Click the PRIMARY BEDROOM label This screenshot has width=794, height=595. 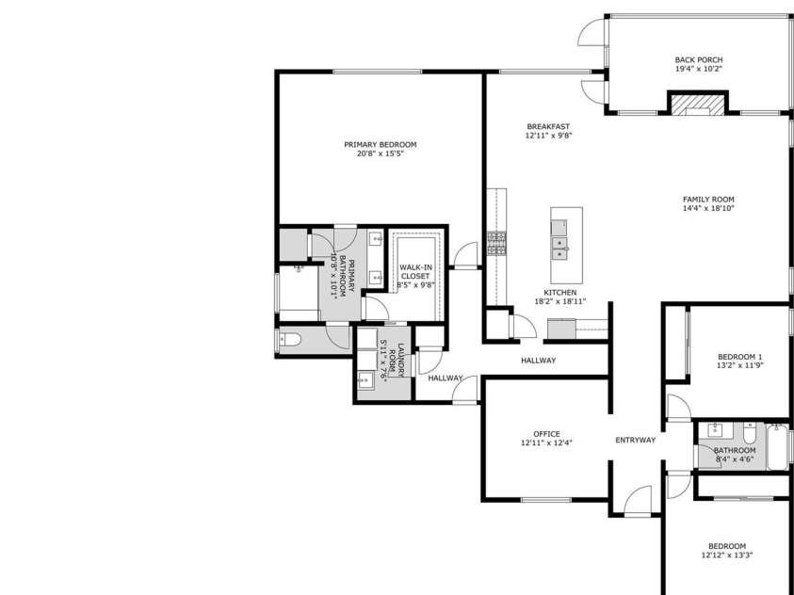click(x=380, y=144)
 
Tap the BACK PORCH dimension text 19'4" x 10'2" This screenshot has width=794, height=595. click(x=698, y=69)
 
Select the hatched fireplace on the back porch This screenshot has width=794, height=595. click(x=698, y=104)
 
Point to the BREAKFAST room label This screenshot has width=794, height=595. click(x=547, y=126)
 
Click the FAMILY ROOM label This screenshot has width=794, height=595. click(x=708, y=199)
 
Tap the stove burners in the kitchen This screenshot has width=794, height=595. click(x=496, y=244)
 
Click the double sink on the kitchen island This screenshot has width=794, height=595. click(x=559, y=248)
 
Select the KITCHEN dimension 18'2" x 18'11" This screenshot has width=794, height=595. click(x=559, y=301)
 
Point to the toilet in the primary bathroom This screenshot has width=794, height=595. click(x=289, y=340)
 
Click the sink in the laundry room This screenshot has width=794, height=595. click(x=365, y=380)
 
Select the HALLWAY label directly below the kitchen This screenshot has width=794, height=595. click(x=538, y=360)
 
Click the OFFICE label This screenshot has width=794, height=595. click(x=546, y=434)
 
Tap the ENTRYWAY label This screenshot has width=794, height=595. click(x=635, y=440)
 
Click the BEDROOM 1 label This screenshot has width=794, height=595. click(x=739, y=356)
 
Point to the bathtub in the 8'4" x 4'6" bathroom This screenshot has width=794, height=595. click(x=778, y=447)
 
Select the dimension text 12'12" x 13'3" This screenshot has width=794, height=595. click(x=726, y=555)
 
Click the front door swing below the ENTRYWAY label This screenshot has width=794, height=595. click(x=640, y=499)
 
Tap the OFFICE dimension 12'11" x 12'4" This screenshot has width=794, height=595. click(x=546, y=442)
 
